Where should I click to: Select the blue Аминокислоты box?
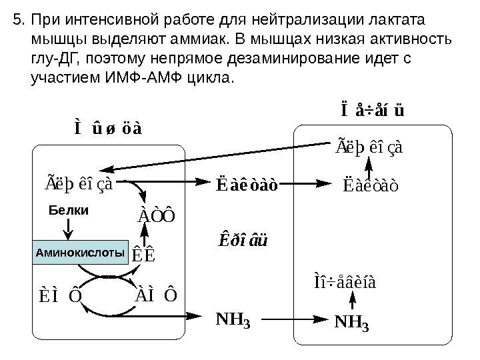[x=80, y=253]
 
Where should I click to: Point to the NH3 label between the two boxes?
[x=233, y=322]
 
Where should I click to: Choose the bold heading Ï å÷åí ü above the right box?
[x=371, y=108]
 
